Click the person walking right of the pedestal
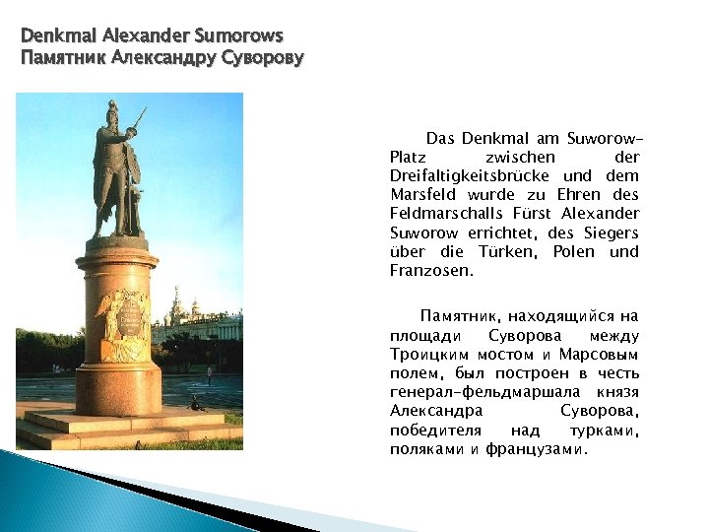(x=209, y=373)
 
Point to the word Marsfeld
(x=422, y=195)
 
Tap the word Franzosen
(x=431, y=270)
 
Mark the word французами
(x=536, y=449)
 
